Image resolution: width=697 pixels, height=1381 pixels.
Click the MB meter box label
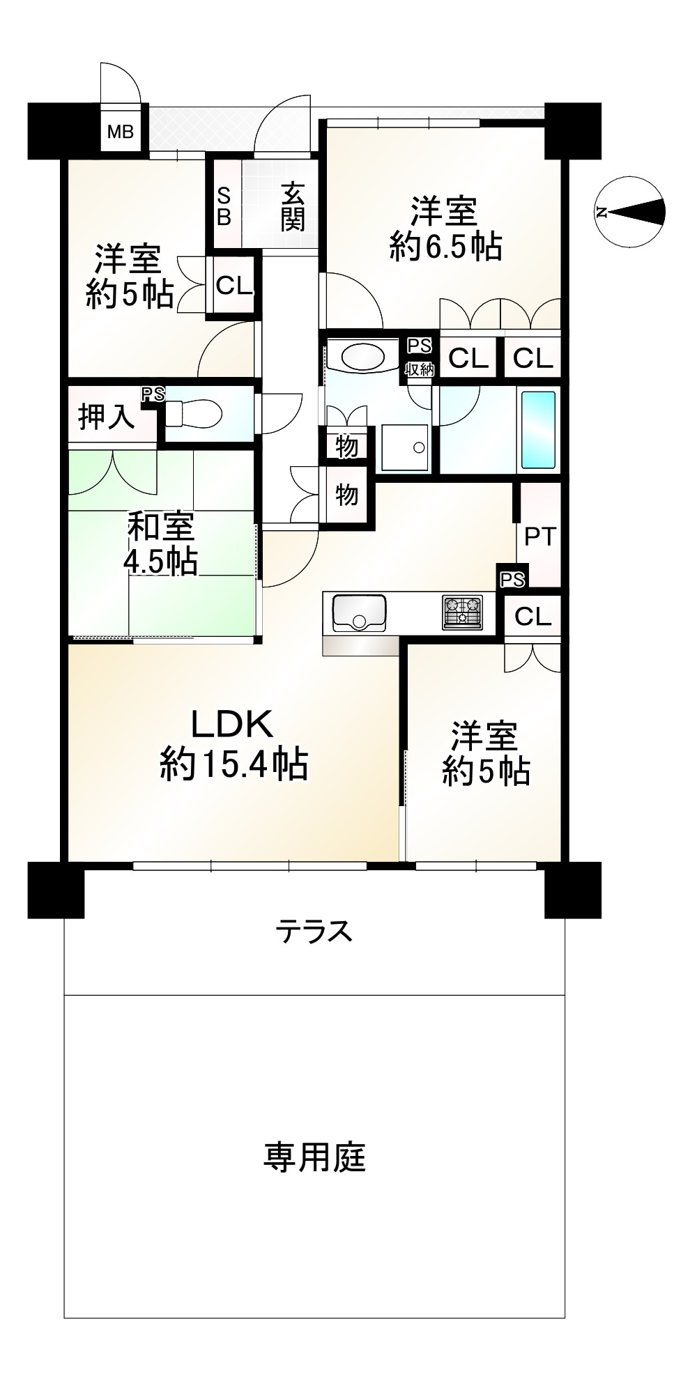tap(120, 130)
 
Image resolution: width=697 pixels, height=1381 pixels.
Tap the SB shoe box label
tap(224, 206)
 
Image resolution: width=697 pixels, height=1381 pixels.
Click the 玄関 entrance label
tap(293, 206)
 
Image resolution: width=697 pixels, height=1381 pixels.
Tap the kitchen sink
tap(360, 612)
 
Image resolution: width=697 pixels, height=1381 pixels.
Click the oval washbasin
tap(362, 358)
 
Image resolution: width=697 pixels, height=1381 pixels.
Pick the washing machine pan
tap(405, 447)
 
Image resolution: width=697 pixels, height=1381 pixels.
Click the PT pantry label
tap(540, 537)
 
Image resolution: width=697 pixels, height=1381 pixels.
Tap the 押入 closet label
tap(106, 417)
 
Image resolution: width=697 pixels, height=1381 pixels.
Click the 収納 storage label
tap(420, 370)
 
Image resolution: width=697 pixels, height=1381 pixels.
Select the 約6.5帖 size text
tap(446, 247)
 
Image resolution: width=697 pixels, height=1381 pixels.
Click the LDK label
tap(231, 726)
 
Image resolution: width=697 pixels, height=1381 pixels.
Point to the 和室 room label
tap(161, 527)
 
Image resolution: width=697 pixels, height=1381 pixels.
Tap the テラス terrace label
tap(314, 931)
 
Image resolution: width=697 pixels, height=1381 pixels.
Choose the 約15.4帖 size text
tap(233, 765)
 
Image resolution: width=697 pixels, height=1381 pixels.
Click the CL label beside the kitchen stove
tap(533, 616)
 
